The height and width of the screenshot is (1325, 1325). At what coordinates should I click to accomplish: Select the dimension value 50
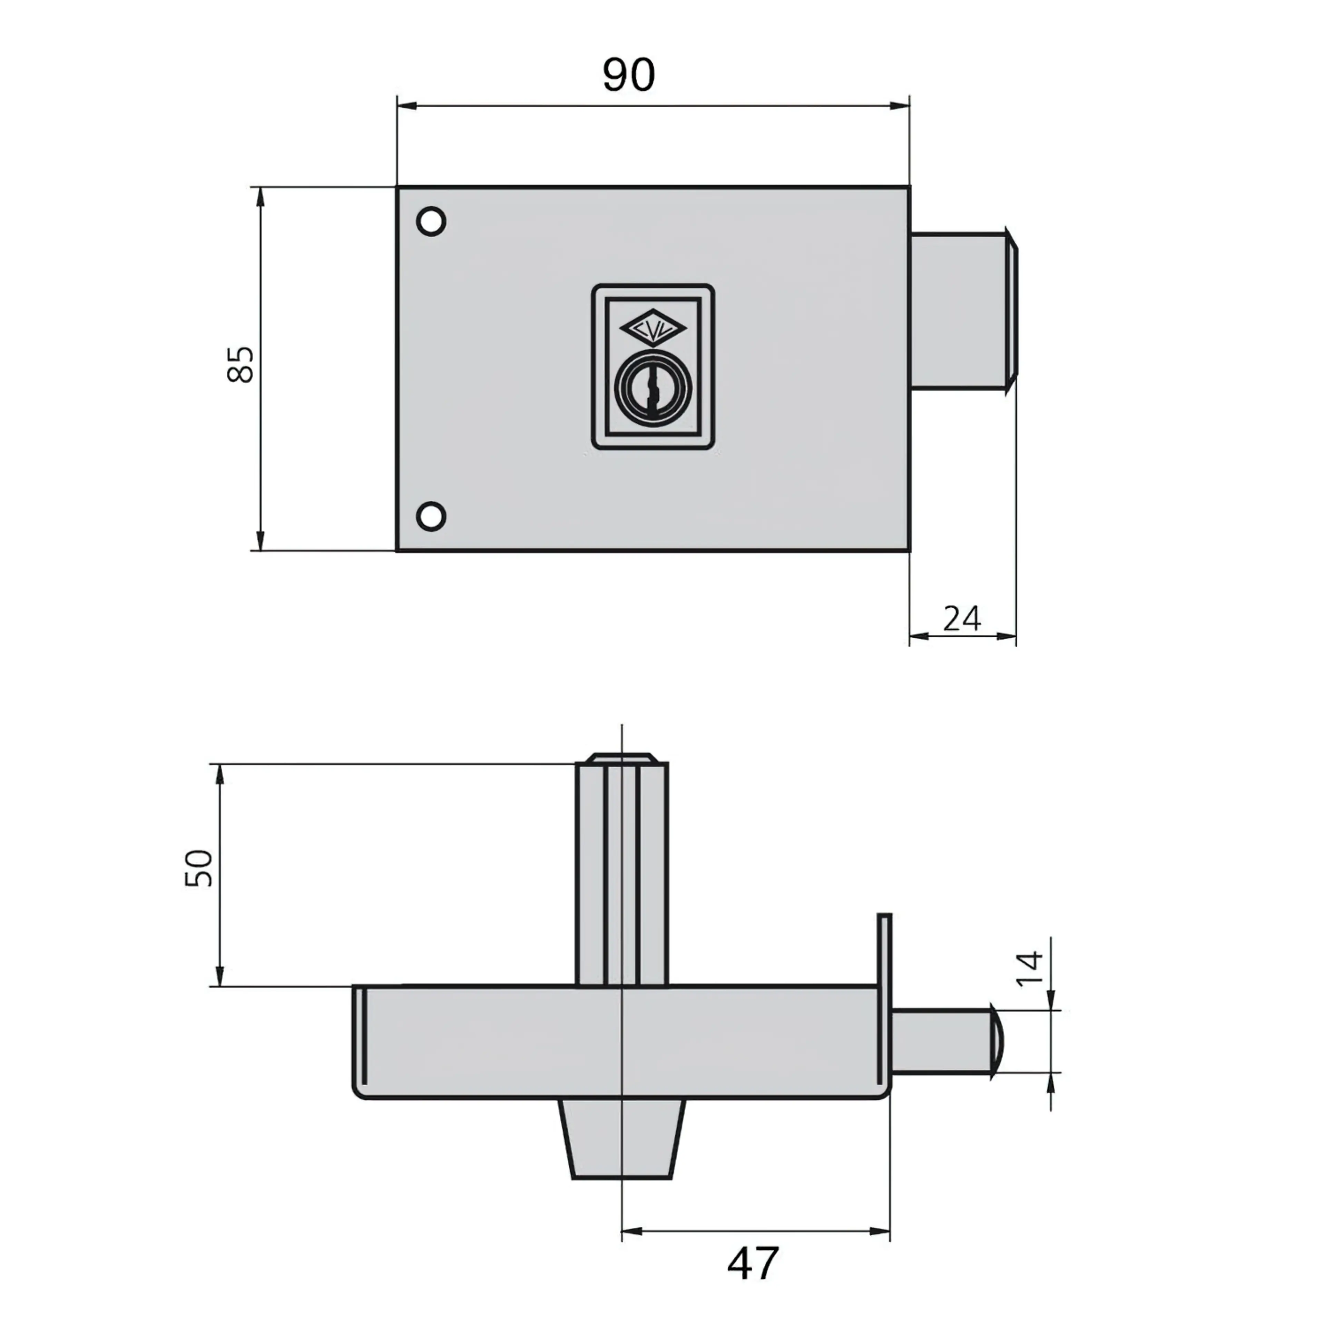(199, 868)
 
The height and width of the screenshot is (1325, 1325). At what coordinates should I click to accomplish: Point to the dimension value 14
(1029, 968)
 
